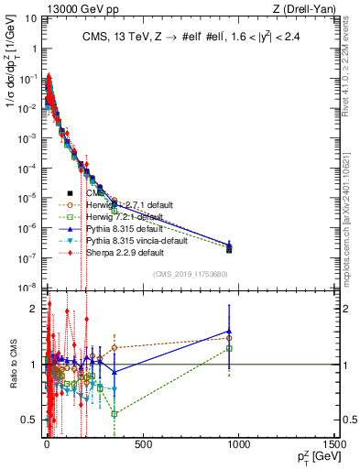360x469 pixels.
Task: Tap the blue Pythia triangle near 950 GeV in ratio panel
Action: tap(229, 332)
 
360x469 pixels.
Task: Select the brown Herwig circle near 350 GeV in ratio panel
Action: tap(114, 348)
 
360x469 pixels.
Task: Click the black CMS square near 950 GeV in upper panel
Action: tap(229, 248)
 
